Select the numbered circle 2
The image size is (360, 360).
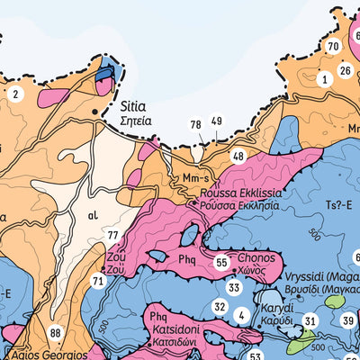[x=14, y=93]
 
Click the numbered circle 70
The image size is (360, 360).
[x=333, y=47]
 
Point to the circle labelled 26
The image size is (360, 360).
[x=345, y=70]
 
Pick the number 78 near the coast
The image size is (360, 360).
[x=195, y=124]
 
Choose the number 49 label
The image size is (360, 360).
[x=216, y=121]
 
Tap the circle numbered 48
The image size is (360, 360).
[x=238, y=156]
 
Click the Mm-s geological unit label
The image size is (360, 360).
[x=193, y=177]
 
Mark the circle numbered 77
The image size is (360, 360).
[x=112, y=236]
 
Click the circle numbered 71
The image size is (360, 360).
[x=98, y=281]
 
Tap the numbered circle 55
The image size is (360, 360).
[x=221, y=263]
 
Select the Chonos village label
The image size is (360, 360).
[x=256, y=256]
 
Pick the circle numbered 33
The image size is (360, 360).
[x=234, y=288]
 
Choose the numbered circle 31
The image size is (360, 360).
[x=310, y=320]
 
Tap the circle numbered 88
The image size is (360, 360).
[x=56, y=334]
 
